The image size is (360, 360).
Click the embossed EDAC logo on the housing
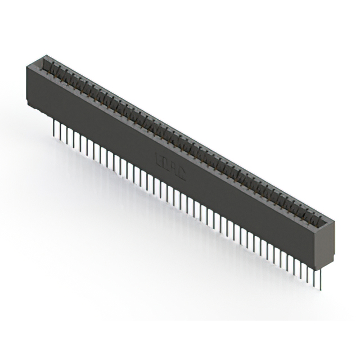(170, 166)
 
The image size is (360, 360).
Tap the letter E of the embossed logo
(158, 160)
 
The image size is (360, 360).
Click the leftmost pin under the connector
(54, 127)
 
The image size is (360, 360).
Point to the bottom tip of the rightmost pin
(322, 290)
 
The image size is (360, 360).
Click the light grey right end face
(325, 245)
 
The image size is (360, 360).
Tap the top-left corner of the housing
(26, 67)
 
